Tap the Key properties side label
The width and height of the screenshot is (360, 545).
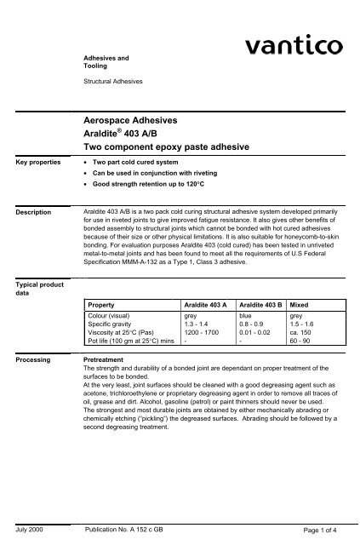pyautogui.click(x=32, y=160)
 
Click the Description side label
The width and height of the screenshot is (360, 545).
pyautogui.click(x=29, y=212)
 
